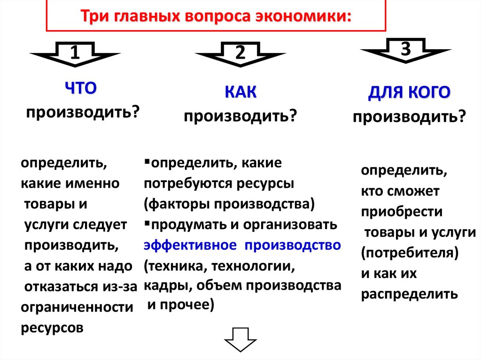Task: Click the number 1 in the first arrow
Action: pyautogui.click(x=74, y=54)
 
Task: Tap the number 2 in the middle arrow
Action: pyautogui.click(x=240, y=54)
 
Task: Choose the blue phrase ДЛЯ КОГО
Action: pyautogui.click(x=409, y=92)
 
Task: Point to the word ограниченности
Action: pyautogui.click(x=77, y=308)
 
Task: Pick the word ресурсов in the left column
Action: pyautogui.click(x=52, y=328)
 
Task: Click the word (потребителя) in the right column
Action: pyautogui.click(x=410, y=253)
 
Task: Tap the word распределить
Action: pyautogui.click(x=409, y=294)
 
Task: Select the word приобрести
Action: pyautogui.click(x=402, y=212)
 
